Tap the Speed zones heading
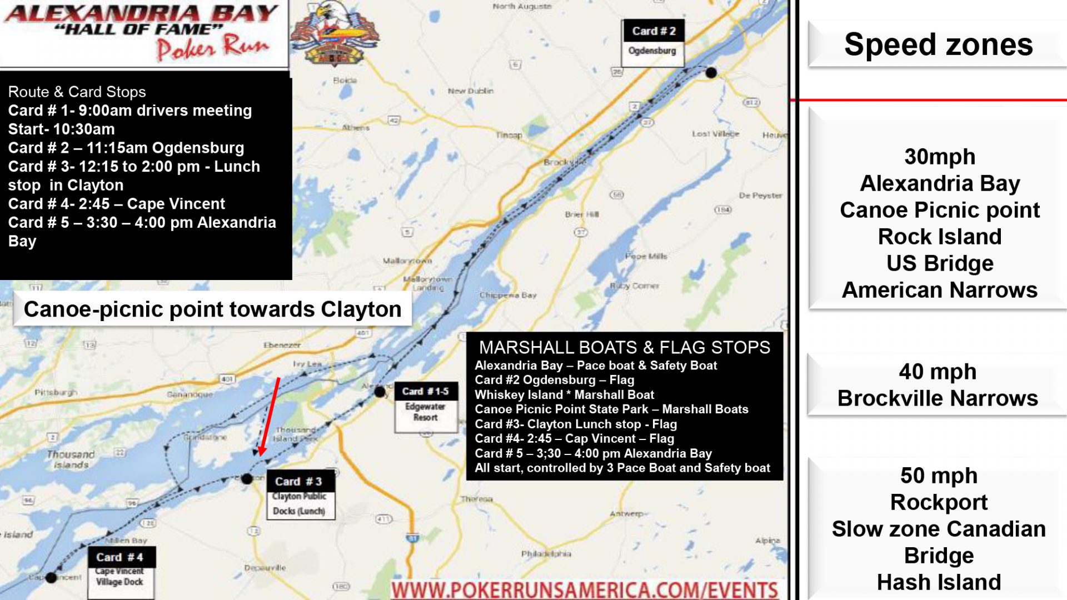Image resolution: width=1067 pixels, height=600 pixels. coord(938,44)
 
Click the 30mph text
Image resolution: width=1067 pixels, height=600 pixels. coord(939,157)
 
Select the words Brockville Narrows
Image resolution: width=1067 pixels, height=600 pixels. coord(938,398)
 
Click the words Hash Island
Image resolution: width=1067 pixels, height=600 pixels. coord(939,582)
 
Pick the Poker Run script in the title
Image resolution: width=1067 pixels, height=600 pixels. coord(213,48)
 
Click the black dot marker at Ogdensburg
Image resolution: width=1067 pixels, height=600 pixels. coord(711,72)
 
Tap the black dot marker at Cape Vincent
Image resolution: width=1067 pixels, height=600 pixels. coord(51,578)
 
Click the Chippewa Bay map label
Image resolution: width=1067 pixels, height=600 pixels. coord(508,295)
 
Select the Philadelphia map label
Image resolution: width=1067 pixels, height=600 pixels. coord(546,553)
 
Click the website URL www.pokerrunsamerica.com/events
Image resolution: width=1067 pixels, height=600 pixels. coord(585,590)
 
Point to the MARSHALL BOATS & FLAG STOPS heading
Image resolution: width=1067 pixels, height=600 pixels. coord(624,347)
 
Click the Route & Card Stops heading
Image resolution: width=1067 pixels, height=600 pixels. coord(77,92)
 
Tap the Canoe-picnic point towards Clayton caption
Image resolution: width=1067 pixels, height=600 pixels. coord(212,309)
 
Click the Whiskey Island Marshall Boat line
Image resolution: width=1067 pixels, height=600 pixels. coord(564,394)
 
